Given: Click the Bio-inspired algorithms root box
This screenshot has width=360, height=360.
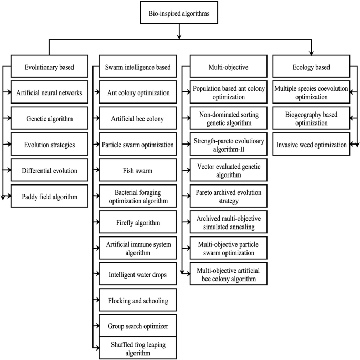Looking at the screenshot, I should tap(180, 12).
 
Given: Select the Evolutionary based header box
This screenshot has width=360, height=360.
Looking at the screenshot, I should tap(49, 67).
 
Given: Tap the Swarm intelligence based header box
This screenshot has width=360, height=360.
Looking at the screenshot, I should tap(138, 67).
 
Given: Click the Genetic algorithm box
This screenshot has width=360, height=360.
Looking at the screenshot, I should tap(49, 119).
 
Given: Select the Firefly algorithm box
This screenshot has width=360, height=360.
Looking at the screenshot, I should tap(138, 223).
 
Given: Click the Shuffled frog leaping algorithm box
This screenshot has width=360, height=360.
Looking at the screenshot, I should tap(138, 348).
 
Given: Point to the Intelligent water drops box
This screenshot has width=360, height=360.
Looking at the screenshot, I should tap(138, 274).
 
